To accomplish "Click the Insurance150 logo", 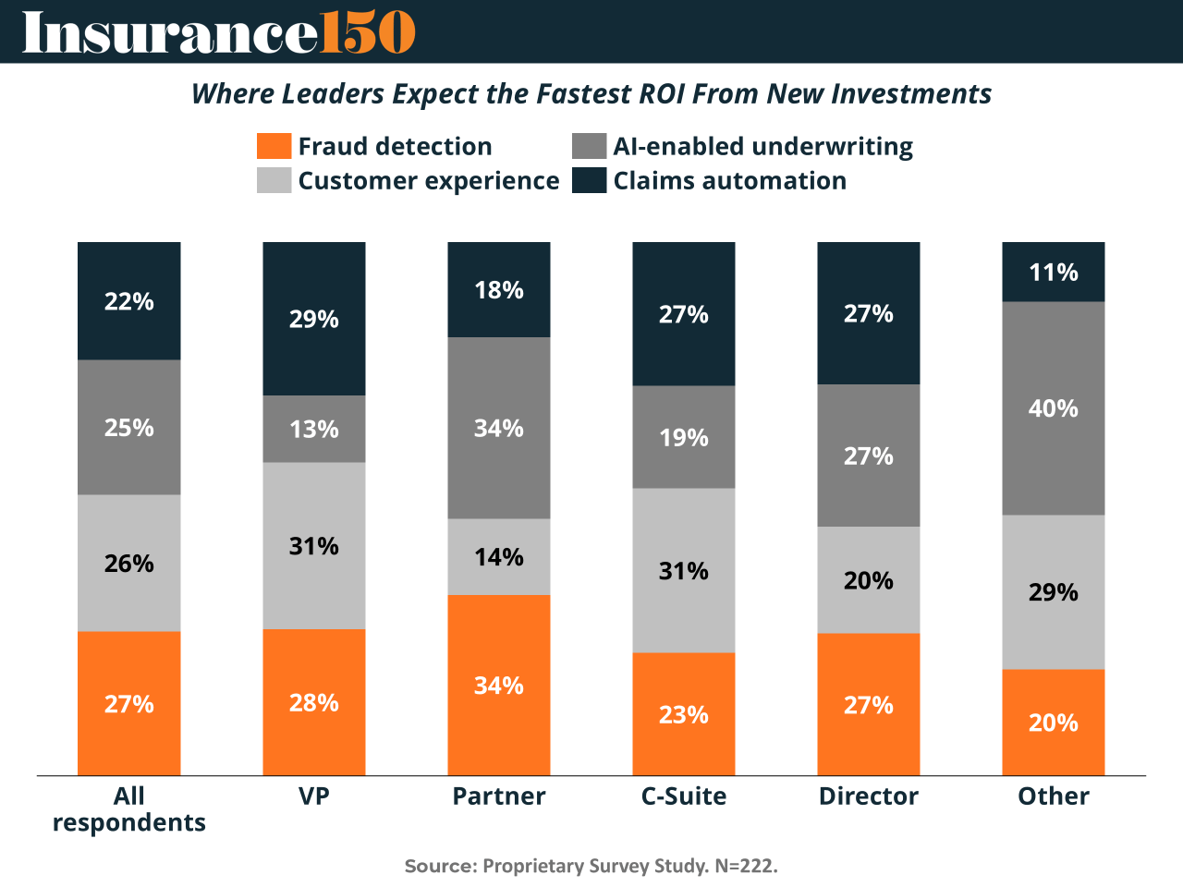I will point(219,32).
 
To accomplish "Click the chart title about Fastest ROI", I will point(591,93).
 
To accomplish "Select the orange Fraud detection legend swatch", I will point(274,146).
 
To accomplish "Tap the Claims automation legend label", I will point(729,180).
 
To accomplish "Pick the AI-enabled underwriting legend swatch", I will point(589,146).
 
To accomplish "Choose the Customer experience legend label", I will point(428,180).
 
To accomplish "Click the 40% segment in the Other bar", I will point(1054,408).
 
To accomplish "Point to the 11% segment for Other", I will point(1054,272).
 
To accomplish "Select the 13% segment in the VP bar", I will point(314,429).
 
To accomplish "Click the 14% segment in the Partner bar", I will point(499,556).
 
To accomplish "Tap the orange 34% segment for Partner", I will point(499,685).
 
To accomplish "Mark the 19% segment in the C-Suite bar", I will point(684,437).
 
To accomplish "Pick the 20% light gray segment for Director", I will point(869,580).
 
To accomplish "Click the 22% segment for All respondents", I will point(129,301).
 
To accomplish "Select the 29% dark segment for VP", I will point(314,319).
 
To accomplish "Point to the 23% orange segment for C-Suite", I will point(684,714).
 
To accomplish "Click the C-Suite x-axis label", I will point(684,796).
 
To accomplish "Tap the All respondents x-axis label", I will point(129,809).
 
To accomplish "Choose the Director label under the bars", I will point(869,796).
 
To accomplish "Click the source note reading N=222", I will point(591,866).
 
